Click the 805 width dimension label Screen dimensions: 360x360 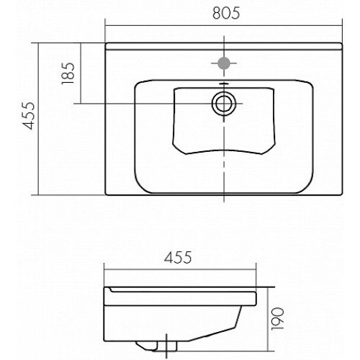tap(226, 13)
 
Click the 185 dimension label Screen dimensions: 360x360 tap(68, 73)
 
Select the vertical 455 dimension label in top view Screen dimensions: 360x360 tap(28, 116)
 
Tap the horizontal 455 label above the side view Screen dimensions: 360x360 tap(178, 257)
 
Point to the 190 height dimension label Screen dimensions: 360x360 tap(277, 318)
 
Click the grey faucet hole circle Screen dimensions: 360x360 tap(224, 63)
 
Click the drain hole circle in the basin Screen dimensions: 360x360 tap(224, 104)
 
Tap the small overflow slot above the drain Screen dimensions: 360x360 tap(224, 84)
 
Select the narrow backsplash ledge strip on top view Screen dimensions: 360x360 tap(224, 46)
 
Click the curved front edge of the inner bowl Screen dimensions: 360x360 tap(224, 151)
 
